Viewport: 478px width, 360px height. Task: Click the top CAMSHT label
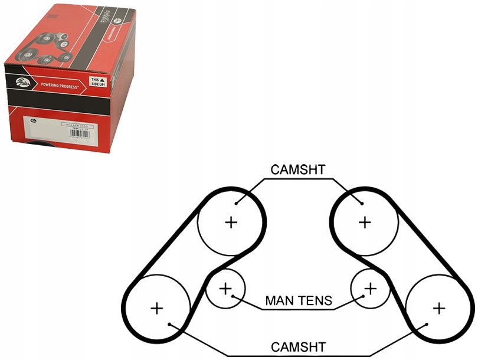click(x=297, y=170)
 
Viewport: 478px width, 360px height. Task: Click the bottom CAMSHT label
click(x=297, y=346)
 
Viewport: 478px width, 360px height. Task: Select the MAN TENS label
click(x=299, y=301)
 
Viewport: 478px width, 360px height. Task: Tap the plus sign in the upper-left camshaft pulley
click(x=231, y=222)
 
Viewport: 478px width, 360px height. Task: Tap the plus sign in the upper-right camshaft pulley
click(x=365, y=222)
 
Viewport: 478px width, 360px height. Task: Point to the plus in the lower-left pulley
click(x=156, y=308)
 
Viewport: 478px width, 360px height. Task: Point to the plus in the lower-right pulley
click(x=438, y=308)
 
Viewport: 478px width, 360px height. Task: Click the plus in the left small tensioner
click(x=225, y=289)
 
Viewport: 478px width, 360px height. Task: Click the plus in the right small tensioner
click(x=370, y=289)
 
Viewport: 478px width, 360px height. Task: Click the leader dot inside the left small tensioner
click(x=234, y=296)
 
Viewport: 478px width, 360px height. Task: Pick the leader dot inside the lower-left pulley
click(x=169, y=324)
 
